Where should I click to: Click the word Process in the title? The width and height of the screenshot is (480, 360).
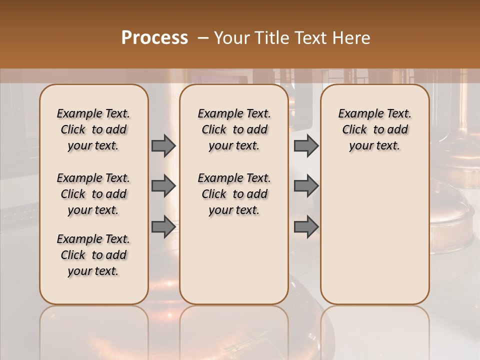click(154, 37)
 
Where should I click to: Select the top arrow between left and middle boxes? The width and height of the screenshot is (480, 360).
click(163, 145)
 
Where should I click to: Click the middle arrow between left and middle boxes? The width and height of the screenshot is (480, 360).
click(163, 186)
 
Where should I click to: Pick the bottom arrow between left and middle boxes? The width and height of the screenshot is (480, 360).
click(163, 226)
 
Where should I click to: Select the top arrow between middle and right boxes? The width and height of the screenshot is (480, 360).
click(306, 145)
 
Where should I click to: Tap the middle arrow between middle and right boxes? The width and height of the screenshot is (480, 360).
click(306, 186)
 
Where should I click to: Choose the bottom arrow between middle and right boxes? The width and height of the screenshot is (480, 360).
click(306, 226)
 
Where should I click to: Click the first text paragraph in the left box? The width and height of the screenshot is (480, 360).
click(93, 129)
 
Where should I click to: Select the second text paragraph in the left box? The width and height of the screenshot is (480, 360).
click(93, 194)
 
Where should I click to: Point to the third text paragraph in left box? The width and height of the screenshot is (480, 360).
click(93, 255)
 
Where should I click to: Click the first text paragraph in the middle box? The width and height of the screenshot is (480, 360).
click(234, 129)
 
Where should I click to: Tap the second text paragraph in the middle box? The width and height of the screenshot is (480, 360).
click(234, 194)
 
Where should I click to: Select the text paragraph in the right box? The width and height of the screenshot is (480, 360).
click(374, 129)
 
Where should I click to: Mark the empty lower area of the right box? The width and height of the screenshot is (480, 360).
click(374, 230)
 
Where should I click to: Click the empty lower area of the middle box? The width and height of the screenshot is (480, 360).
click(234, 260)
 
